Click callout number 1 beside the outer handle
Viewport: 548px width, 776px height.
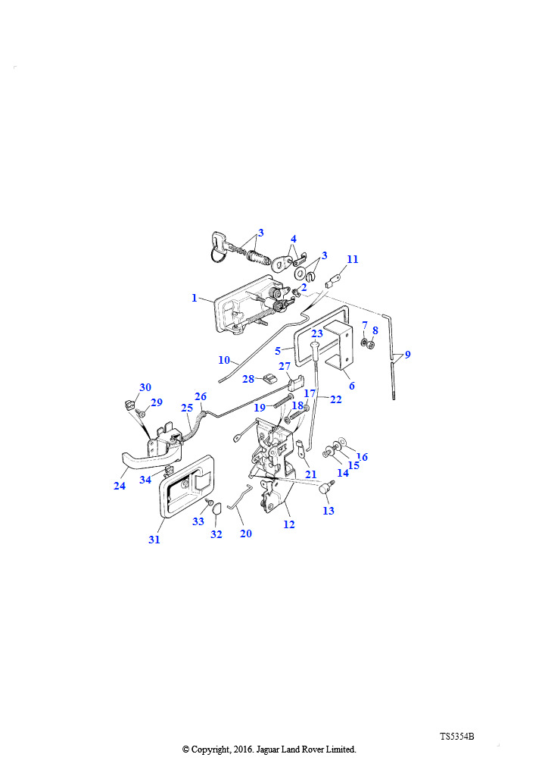click(195, 298)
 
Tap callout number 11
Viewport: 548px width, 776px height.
click(352, 259)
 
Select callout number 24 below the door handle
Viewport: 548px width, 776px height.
click(120, 486)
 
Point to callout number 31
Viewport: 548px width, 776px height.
click(154, 540)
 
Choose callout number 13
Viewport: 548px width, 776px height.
click(328, 511)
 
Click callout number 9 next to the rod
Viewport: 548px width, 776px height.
click(407, 355)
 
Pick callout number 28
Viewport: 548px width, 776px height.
click(248, 379)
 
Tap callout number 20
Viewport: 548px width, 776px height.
click(245, 533)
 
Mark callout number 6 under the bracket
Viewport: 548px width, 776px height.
click(351, 386)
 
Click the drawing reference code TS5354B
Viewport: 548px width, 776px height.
click(457, 737)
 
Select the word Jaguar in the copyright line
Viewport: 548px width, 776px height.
click(268, 749)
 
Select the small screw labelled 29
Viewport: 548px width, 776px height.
click(141, 413)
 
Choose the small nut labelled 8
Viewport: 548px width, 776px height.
click(371, 345)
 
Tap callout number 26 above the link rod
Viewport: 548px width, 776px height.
click(201, 396)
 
